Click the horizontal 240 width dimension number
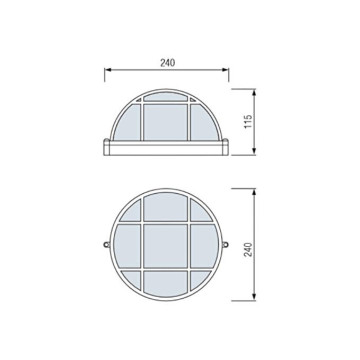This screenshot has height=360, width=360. click(x=167, y=62)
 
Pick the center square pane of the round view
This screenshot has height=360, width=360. click(x=168, y=245)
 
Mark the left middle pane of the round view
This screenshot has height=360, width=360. click(x=129, y=245)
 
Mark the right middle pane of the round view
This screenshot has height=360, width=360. click(x=207, y=245)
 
